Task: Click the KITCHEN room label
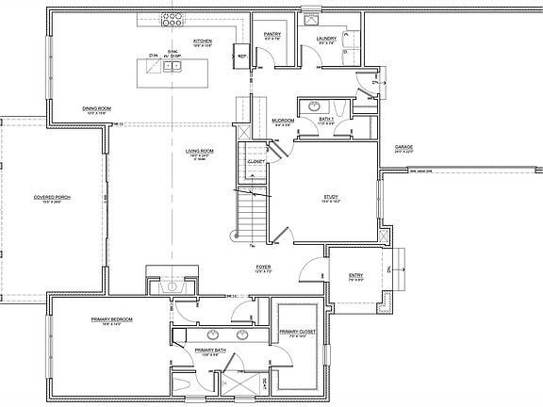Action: coord(202,41)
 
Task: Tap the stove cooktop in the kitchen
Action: coord(173,19)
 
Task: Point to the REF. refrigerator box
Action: coord(242,56)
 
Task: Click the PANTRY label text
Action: coord(272,33)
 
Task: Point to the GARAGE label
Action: coord(404,147)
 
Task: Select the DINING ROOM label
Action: coord(97,108)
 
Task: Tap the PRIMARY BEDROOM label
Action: coord(111,319)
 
